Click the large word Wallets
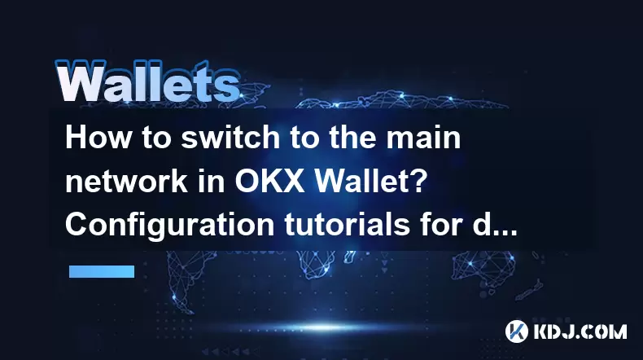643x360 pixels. [147, 81]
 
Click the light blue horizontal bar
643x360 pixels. [102, 271]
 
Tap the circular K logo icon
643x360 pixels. [516, 331]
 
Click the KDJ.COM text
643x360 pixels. [580, 331]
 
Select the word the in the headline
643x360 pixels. [351, 138]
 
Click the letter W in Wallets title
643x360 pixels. [79, 81]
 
